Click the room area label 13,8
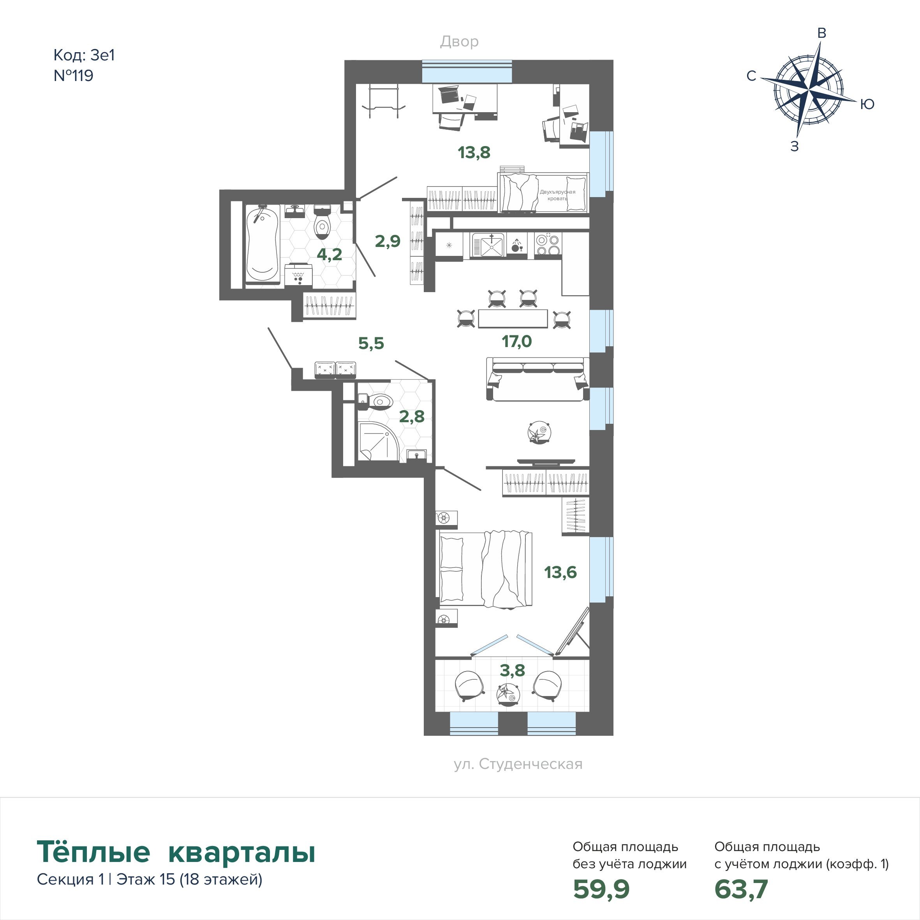coord(474,152)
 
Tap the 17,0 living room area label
coord(516,341)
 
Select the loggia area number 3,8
coord(512,670)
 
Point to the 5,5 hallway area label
coord(371,343)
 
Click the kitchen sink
coord(488,245)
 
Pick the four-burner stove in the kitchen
coord(548,245)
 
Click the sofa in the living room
coord(538,379)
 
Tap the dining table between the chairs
coord(513,319)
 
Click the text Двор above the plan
coord(459,42)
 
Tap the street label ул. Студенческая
coord(518,764)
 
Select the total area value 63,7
coord(741,888)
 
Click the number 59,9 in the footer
coord(601,888)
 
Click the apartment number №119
coord(73,76)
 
